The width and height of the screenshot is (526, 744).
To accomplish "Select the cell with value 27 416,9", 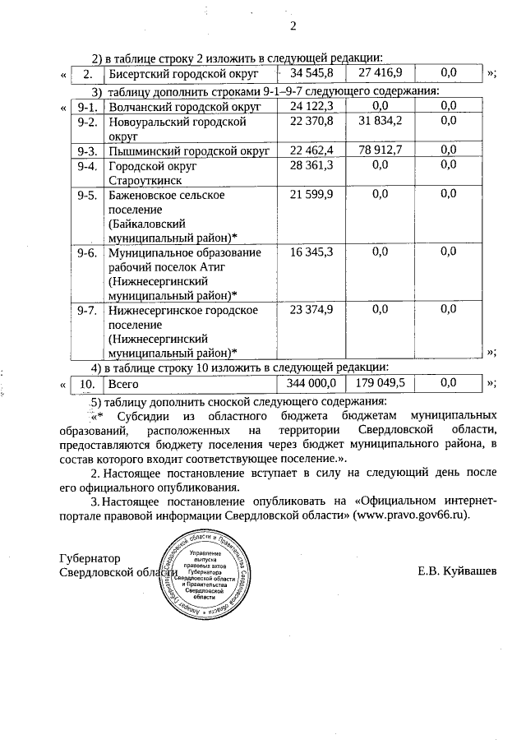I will click(x=381, y=73).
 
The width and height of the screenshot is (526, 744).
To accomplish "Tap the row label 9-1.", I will click(x=88, y=106).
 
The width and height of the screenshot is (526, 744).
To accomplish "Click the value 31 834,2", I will click(x=381, y=122).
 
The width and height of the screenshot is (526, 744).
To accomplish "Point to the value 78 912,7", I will click(x=381, y=150).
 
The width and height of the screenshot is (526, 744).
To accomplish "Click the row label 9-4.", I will click(x=88, y=165).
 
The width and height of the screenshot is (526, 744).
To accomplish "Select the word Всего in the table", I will click(x=122, y=383).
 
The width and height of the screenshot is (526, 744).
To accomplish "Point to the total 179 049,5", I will click(x=381, y=383).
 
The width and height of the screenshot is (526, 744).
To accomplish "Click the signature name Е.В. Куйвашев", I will click(x=457, y=571).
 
